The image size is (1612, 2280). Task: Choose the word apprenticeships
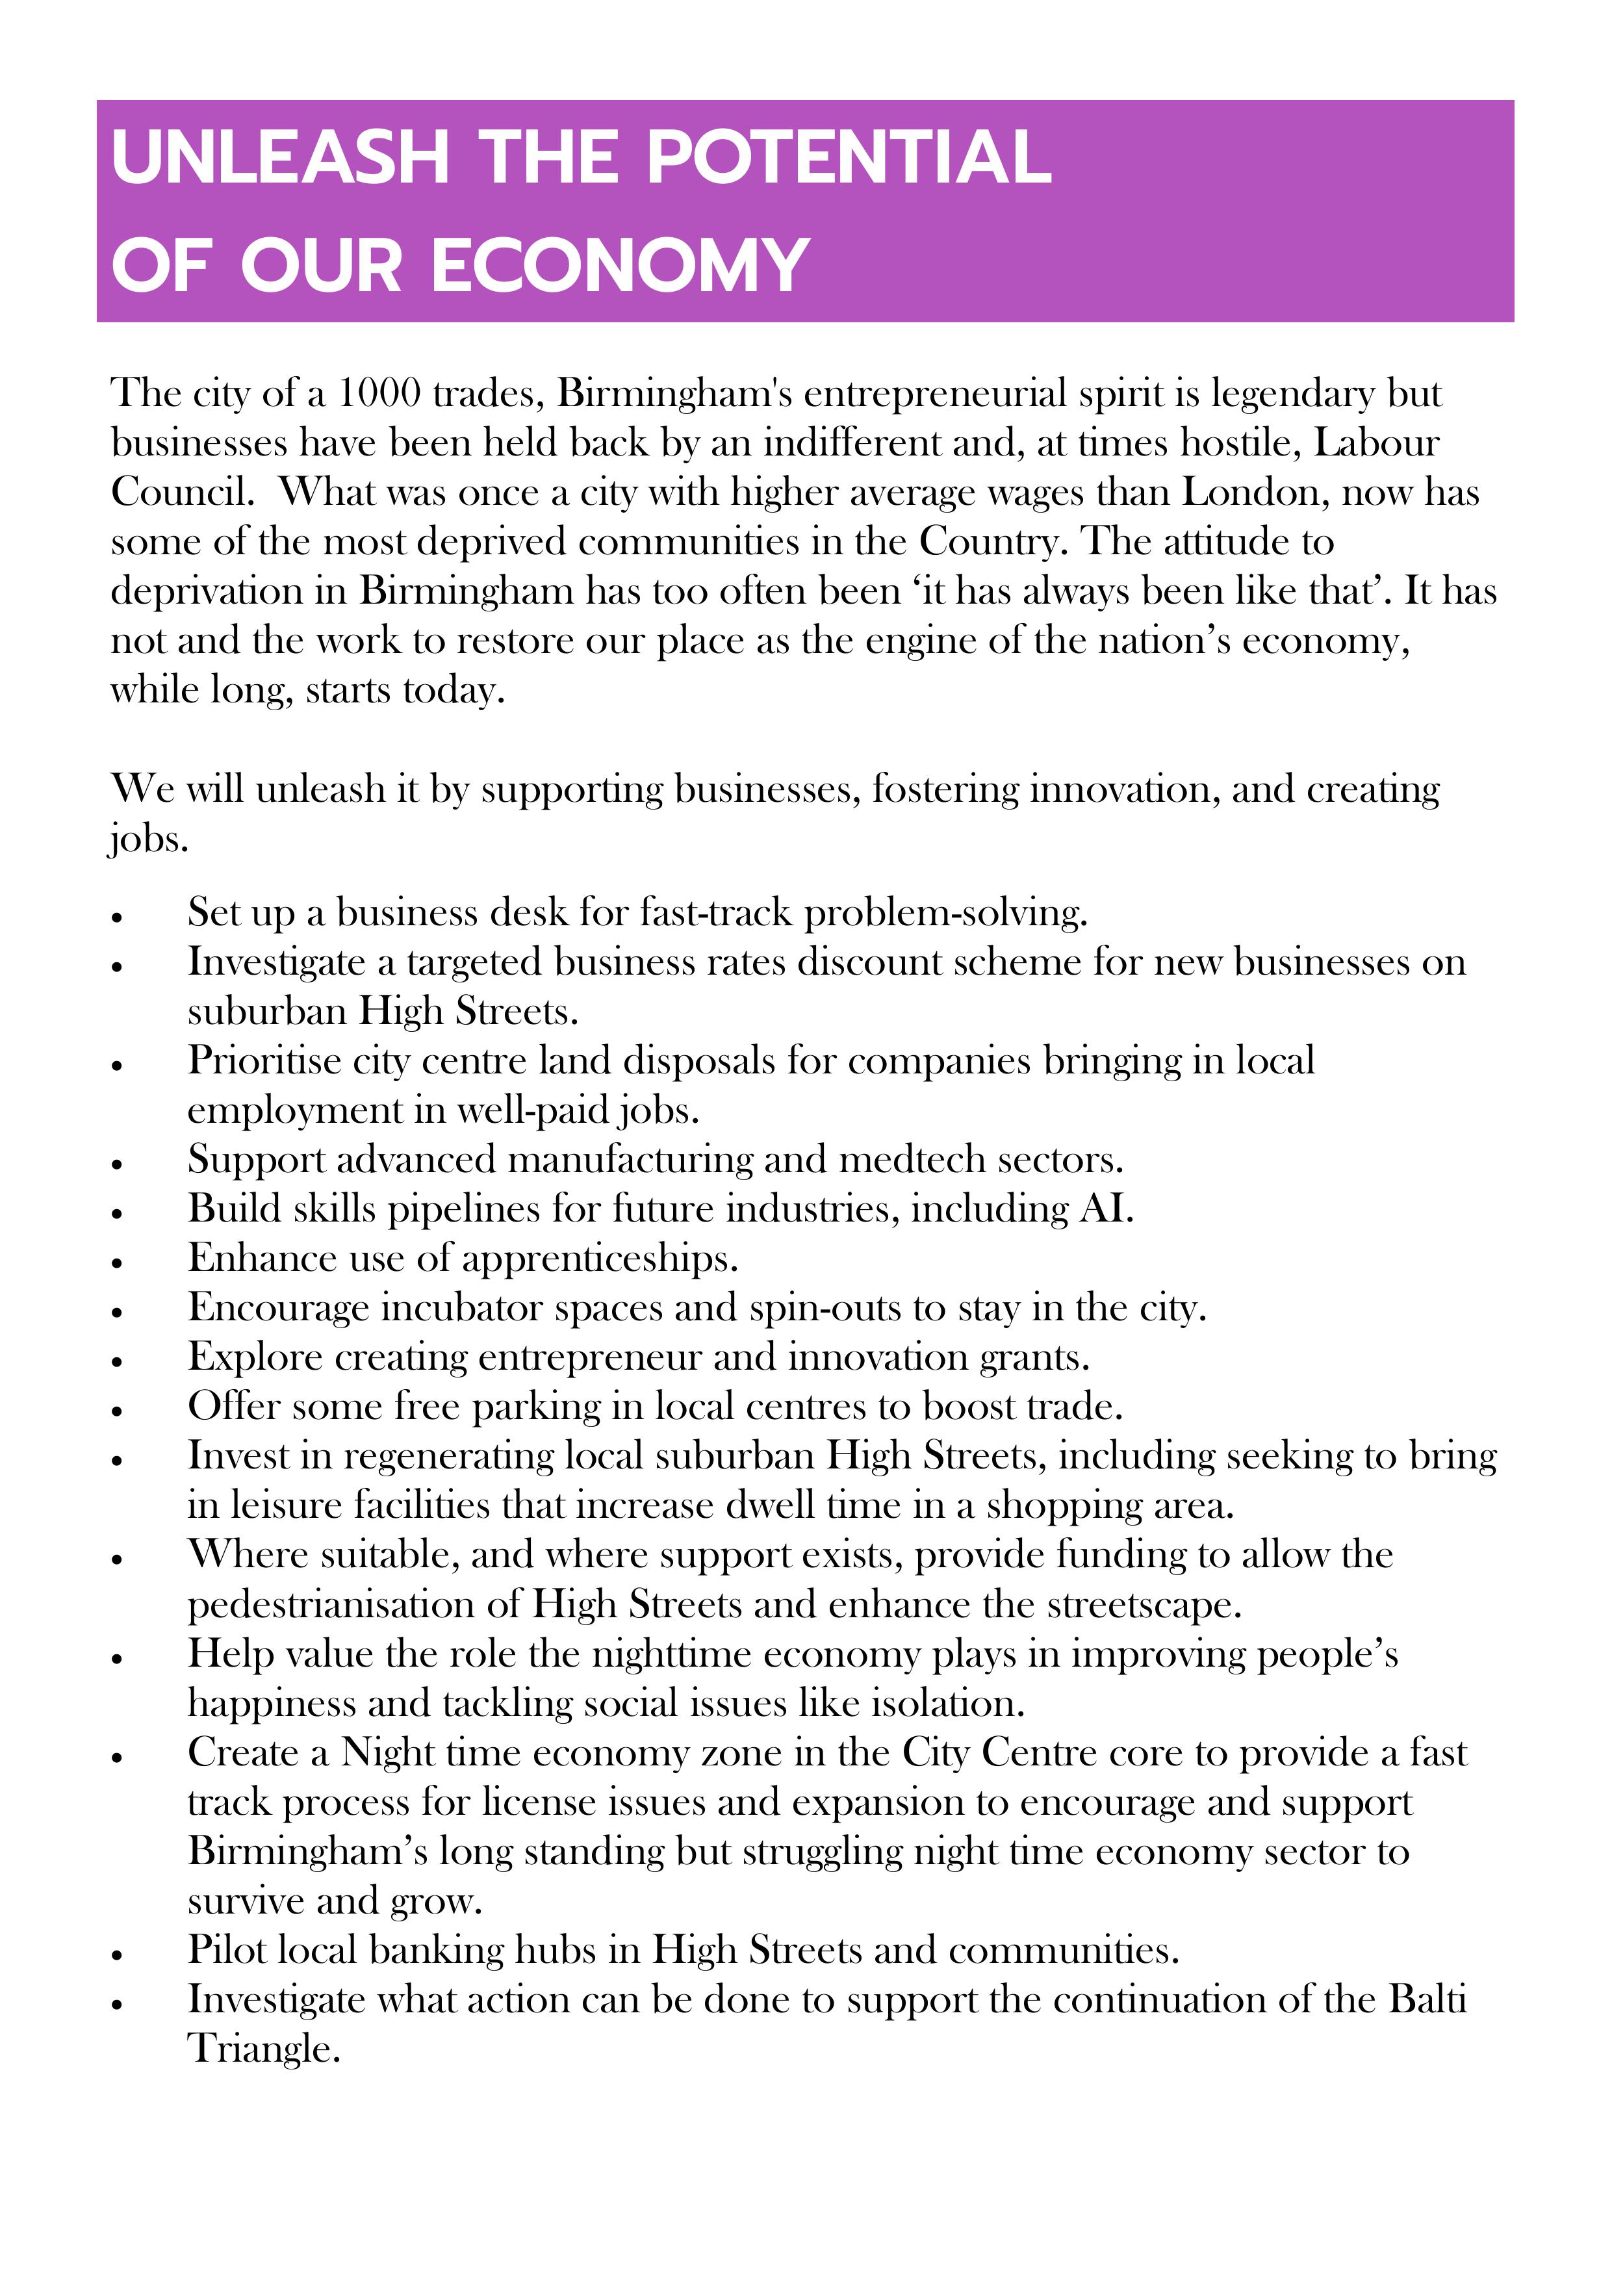(599, 1259)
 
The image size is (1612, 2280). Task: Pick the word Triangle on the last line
(263, 2049)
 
